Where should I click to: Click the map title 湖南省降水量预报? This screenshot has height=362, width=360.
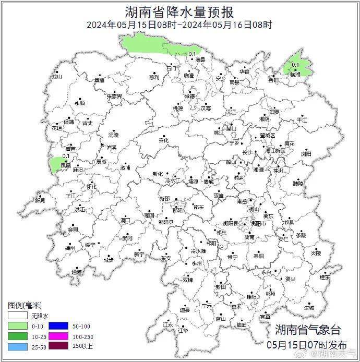[179, 11]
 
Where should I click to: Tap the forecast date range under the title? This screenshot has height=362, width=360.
[179, 24]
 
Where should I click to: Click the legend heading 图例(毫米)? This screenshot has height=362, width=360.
[25, 305]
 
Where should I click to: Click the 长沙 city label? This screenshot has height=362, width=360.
[247, 152]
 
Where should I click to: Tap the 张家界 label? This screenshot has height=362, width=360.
[114, 96]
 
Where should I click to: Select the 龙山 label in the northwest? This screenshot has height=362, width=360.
[56, 77]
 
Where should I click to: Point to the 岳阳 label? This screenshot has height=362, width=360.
[273, 80]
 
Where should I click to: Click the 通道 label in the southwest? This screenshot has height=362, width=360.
[77, 272]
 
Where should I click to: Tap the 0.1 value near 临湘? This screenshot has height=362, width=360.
[295, 65]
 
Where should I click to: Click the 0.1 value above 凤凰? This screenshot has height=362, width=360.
[66, 155]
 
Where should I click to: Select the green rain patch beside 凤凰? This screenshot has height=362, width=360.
[54, 164]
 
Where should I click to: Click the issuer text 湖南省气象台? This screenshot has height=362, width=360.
[307, 330]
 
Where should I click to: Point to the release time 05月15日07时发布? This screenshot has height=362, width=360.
[306, 345]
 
